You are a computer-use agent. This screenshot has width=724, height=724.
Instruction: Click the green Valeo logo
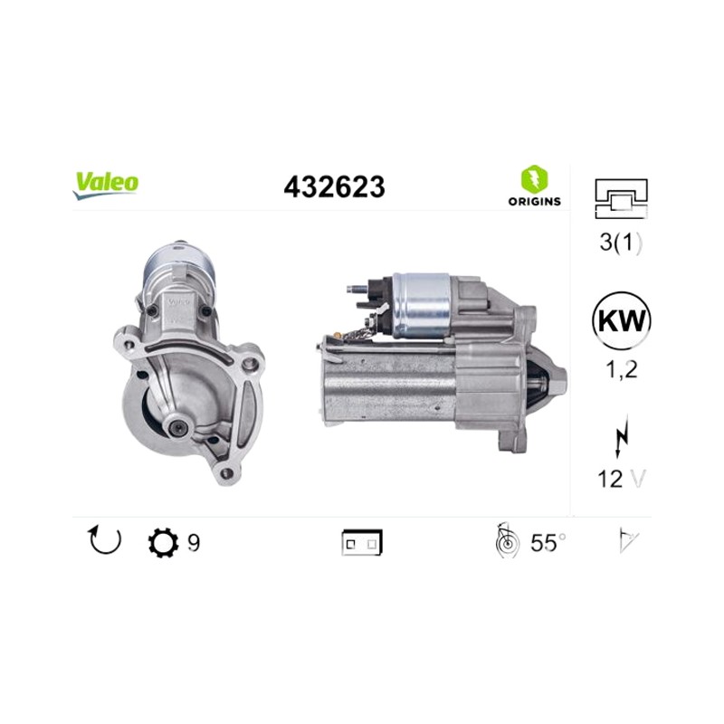[105, 186]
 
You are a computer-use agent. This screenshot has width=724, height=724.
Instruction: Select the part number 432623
[334, 187]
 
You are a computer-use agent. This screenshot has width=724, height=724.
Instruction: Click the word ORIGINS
[535, 201]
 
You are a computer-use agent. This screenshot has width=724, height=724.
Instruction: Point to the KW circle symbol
[621, 320]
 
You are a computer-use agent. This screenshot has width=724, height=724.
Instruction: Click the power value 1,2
[622, 369]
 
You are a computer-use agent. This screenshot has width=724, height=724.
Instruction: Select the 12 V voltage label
[622, 479]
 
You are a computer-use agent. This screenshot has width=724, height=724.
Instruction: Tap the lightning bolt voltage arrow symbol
[622, 436]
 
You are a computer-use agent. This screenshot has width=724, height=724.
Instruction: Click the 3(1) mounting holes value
[621, 243]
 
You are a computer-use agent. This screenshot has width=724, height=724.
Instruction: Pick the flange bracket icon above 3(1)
[622, 198]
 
